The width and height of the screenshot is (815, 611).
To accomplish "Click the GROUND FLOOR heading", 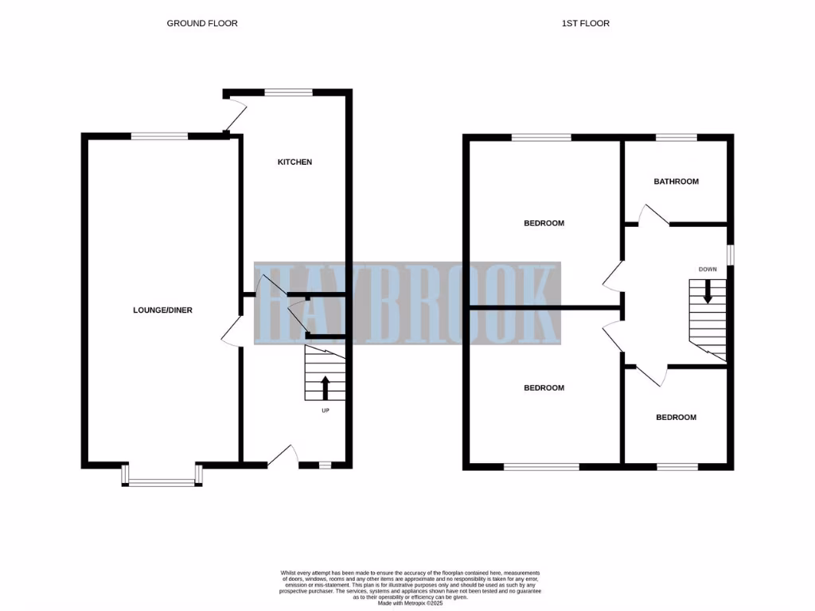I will pyautogui.click(x=202, y=23).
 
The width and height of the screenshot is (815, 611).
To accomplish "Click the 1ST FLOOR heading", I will pyautogui.click(x=585, y=23).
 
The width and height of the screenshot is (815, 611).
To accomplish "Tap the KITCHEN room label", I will pyautogui.click(x=294, y=162).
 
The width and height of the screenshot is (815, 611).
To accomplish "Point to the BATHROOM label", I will pyautogui.click(x=676, y=181).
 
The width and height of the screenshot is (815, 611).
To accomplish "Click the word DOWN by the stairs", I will pyautogui.click(x=708, y=269).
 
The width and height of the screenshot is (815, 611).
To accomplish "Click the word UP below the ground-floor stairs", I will pyautogui.click(x=325, y=411).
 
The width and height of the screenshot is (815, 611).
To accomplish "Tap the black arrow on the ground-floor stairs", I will pyautogui.click(x=325, y=387).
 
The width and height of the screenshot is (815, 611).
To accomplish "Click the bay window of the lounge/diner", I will pyautogui.click(x=162, y=480).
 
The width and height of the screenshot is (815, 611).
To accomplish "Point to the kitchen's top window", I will pyautogui.click(x=289, y=93).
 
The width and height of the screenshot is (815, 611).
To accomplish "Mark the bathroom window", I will pyautogui.click(x=676, y=138).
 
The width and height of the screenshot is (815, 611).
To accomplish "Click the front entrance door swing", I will pyautogui.click(x=283, y=455).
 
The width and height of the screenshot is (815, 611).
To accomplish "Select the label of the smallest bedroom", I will pyautogui.click(x=676, y=418).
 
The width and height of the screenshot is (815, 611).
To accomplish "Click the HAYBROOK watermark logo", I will pyautogui.click(x=407, y=303).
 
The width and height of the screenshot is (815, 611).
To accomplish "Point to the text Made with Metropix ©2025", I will pyautogui.click(x=410, y=602).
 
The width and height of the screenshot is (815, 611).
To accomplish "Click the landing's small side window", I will pyautogui.click(x=731, y=254).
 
